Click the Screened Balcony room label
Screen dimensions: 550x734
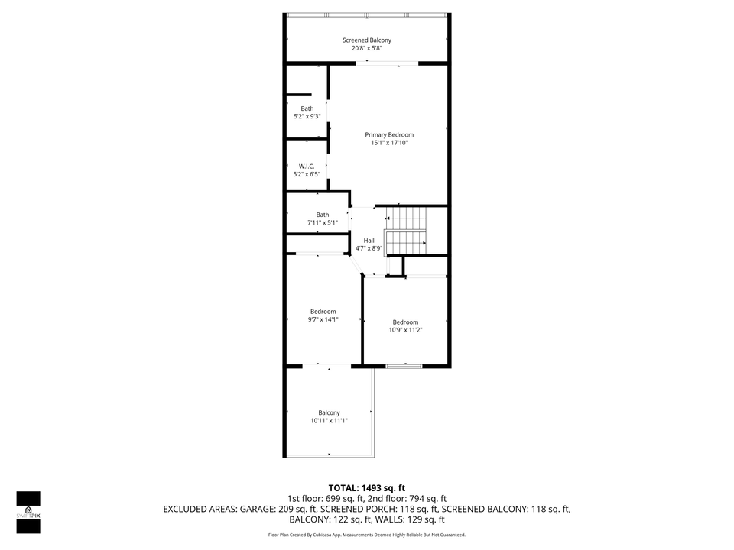[x=367, y=40]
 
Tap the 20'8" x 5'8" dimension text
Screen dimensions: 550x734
[x=367, y=48]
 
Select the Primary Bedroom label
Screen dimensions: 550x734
[x=389, y=134]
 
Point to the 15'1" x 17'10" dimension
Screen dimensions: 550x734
[x=389, y=143]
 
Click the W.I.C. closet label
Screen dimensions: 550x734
[x=307, y=166]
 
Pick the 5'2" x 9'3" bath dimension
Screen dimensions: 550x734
[x=307, y=117]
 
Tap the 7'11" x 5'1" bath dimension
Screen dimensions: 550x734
[x=322, y=223]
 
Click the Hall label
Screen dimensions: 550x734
[x=369, y=241]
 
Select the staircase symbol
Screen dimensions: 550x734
[x=405, y=231]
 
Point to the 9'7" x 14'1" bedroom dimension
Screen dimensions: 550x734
[x=323, y=319]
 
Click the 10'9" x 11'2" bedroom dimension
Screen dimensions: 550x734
[x=405, y=330]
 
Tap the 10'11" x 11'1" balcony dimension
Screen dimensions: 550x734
[x=329, y=421]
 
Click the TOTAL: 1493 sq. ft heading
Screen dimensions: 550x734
[x=367, y=487]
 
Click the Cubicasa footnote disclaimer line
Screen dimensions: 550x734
[x=367, y=535]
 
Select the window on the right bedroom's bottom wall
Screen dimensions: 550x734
[x=404, y=367]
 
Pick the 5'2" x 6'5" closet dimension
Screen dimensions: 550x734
[x=307, y=174]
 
